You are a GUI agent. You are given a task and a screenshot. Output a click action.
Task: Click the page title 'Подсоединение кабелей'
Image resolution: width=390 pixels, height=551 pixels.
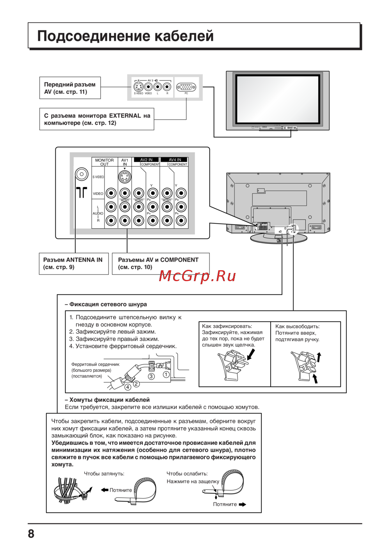tap(125, 36)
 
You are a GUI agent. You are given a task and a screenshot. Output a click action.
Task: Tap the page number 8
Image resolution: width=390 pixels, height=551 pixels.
tap(31, 533)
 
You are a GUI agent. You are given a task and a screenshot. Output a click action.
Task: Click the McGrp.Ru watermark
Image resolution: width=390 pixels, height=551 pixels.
tap(197, 276)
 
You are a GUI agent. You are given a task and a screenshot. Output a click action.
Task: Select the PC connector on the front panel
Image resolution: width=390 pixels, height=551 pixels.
tap(186, 87)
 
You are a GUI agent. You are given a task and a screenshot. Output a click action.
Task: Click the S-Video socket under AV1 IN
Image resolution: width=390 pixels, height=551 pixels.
tap(125, 177)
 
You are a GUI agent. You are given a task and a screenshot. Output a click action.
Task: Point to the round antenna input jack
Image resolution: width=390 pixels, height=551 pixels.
tap(82, 174)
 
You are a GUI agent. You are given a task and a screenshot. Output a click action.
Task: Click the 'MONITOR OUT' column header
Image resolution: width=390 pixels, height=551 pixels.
tap(105, 162)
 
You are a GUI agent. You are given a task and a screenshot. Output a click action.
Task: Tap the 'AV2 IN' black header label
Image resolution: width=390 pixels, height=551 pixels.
tap(146, 160)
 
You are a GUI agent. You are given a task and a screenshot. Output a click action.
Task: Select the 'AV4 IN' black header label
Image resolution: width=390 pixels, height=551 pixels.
tap(175, 160)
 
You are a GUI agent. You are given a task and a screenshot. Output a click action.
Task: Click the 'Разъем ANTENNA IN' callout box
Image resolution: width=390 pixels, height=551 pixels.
tap(73, 264)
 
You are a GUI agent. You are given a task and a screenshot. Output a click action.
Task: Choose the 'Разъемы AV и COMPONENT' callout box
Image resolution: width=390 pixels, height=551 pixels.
tap(160, 264)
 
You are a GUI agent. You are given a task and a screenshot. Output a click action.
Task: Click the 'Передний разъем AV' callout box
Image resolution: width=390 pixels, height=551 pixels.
tap(70, 88)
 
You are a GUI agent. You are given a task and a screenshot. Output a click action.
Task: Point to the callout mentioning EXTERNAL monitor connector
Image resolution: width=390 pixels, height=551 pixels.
tap(97, 119)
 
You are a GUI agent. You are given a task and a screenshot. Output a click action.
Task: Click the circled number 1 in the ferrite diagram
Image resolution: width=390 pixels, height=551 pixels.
tap(166, 375)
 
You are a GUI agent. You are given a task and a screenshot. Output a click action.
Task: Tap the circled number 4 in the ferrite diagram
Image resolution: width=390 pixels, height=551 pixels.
tap(128, 387)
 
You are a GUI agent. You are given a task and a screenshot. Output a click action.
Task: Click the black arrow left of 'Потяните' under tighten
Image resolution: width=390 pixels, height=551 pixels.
tap(105, 490)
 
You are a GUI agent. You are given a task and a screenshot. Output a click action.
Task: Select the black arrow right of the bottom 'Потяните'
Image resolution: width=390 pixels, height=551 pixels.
tap(243, 504)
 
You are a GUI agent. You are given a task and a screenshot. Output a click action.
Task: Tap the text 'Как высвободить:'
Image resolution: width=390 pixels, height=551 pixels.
tap(297, 326)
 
